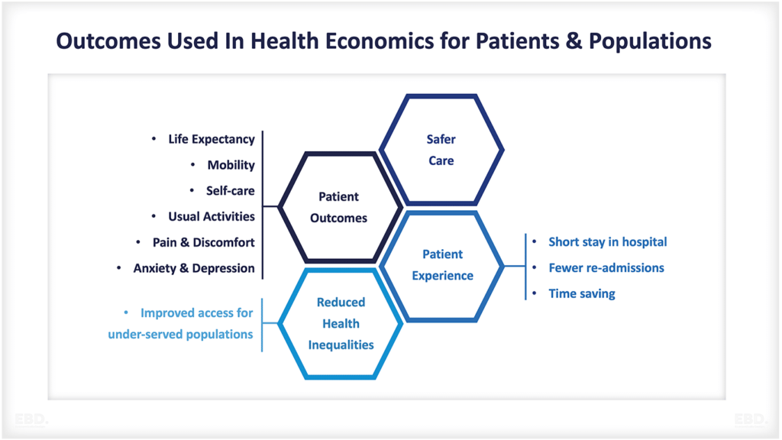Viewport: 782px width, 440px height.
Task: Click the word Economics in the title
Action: coord(380,41)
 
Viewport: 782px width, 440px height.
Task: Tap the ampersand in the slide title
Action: coord(574,41)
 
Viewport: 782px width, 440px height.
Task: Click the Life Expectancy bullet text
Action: coord(212,139)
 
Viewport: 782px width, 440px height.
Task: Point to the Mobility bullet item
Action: coord(231,165)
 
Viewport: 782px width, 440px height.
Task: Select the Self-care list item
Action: coord(231,190)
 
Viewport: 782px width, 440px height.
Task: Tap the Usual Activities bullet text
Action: coord(212,216)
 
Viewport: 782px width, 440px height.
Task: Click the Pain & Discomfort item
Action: coord(203,242)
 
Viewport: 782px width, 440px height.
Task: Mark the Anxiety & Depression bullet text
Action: coord(194,268)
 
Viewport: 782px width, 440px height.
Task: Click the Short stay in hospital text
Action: coord(607,242)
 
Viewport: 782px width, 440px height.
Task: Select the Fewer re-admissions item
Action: coord(606,268)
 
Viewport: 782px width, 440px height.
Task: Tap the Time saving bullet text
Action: coord(582,294)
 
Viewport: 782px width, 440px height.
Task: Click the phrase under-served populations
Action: coord(180,335)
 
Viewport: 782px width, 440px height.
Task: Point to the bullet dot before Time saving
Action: coord(534,293)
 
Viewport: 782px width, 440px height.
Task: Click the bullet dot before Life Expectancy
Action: coord(153,139)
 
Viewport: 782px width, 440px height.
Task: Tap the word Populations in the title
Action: coord(650,41)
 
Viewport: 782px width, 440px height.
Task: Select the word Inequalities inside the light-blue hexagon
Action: coord(341,345)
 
